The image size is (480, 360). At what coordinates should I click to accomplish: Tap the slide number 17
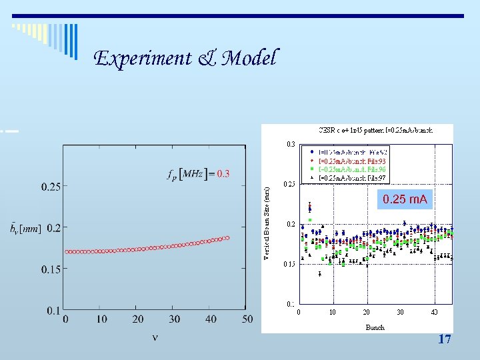pyautogui.click(x=445, y=339)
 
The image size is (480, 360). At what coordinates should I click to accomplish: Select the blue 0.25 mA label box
pyautogui.click(x=405, y=199)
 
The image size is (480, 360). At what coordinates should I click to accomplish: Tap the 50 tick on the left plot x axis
pyautogui.click(x=247, y=319)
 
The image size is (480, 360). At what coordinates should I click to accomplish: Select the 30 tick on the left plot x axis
pyautogui.click(x=175, y=319)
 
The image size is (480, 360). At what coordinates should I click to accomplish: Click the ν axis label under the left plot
pyautogui.click(x=155, y=337)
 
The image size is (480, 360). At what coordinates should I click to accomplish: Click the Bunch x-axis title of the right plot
pyautogui.click(x=375, y=327)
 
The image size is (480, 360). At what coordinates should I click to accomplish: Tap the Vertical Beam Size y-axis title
pyautogui.click(x=267, y=223)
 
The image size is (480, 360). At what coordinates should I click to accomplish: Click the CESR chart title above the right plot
pyautogui.click(x=375, y=130)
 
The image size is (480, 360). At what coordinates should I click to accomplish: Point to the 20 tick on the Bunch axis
pyautogui.click(x=366, y=312)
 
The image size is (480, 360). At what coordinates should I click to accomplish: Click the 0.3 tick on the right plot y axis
pyautogui.click(x=291, y=143)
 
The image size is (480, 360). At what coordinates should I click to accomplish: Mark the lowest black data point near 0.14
pyautogui.click(x=320, y=273)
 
